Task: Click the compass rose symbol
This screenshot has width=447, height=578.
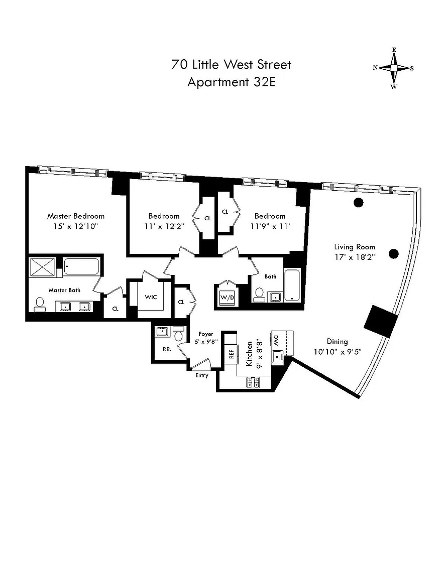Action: tap(394, 68)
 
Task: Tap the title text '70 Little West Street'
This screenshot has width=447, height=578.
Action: tap(231, 65)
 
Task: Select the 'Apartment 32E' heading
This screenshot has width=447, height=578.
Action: tap(231, 82)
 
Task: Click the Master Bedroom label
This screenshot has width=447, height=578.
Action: tap(76, 216)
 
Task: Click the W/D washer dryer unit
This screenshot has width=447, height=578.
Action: tap(228, 297)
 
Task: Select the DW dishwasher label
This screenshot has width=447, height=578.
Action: tap(276, 341)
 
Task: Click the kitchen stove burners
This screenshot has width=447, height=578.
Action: tap(253, 383)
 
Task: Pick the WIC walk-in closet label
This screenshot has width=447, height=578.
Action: tap(151, 297)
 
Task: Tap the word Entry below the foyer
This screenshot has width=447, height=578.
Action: tap(201, 376)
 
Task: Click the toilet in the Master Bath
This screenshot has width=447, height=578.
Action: tap(40, 304)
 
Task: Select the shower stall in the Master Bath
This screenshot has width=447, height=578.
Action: tap(43, 267)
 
